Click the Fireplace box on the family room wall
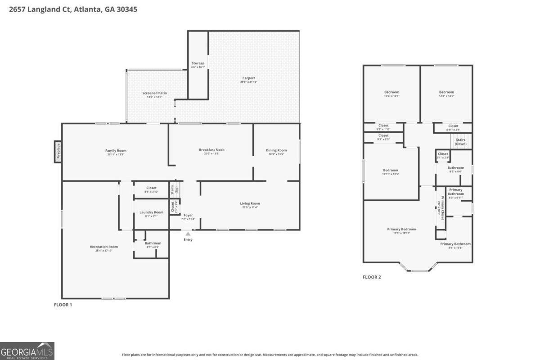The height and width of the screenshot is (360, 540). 58,152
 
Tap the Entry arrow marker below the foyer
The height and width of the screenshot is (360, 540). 188,234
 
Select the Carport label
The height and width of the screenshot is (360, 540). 249,78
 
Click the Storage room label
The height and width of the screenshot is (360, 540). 198,63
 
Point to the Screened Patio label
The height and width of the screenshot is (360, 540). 154,93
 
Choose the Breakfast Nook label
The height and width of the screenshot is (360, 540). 211,150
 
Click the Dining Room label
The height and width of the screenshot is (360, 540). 276,150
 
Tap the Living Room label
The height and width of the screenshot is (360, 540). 250,203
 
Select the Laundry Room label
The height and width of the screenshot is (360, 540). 151,212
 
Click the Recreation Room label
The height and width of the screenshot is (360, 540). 103,247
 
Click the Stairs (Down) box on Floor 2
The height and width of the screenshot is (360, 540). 460,142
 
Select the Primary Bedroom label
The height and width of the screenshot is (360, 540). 401,229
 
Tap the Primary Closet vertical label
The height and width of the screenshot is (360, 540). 442,207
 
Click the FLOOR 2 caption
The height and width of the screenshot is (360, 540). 372,277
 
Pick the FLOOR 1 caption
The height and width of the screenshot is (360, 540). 63,305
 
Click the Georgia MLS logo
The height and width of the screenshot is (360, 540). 27,351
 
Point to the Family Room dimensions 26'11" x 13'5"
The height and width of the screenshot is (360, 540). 116,154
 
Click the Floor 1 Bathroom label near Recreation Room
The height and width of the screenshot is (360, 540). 153,243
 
